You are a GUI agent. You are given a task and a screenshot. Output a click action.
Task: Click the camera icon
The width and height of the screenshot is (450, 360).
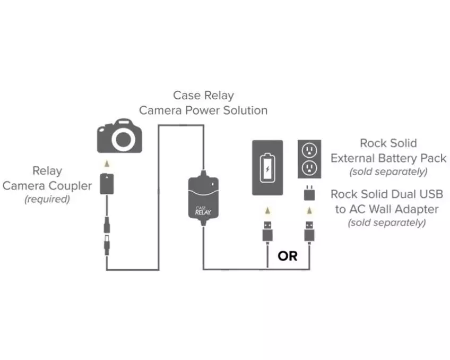pos(119,136)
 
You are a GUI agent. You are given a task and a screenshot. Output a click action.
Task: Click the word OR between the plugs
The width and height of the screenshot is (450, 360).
pos(288,256)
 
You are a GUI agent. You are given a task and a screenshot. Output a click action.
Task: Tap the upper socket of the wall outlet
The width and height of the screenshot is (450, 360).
pos(308,150)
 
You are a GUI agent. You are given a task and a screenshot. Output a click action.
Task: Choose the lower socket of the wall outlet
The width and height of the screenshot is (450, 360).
pos(308,168)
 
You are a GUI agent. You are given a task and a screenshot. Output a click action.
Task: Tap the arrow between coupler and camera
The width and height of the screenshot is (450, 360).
pos(107,162)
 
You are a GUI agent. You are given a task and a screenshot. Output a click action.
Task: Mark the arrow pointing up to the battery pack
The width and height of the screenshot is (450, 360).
pos(267,209)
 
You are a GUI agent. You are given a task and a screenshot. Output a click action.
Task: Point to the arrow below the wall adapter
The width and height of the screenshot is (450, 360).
pos(308,209)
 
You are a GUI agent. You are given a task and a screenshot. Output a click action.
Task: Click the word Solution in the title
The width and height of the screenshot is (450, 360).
pos(245,110)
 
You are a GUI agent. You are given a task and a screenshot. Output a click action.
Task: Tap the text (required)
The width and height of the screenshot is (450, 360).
pos(47,200)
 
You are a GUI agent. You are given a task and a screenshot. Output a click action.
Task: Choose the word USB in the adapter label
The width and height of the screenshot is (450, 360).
pos(431,194)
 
